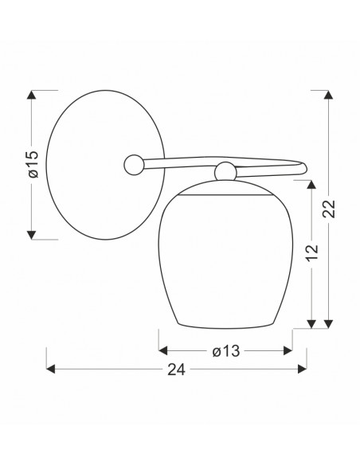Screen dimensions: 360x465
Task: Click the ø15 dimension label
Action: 33,164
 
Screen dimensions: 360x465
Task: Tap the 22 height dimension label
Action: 329,209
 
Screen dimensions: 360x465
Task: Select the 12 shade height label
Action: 312,253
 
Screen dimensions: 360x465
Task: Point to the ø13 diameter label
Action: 226,351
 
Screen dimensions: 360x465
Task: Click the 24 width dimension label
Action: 177,369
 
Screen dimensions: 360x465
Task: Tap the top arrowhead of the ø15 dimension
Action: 31,95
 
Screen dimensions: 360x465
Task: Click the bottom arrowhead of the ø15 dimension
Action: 31,235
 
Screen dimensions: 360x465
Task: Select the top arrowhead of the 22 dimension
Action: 328,95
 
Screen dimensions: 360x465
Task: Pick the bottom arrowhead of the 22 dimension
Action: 328,324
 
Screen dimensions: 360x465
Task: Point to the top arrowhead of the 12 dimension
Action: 311,185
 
